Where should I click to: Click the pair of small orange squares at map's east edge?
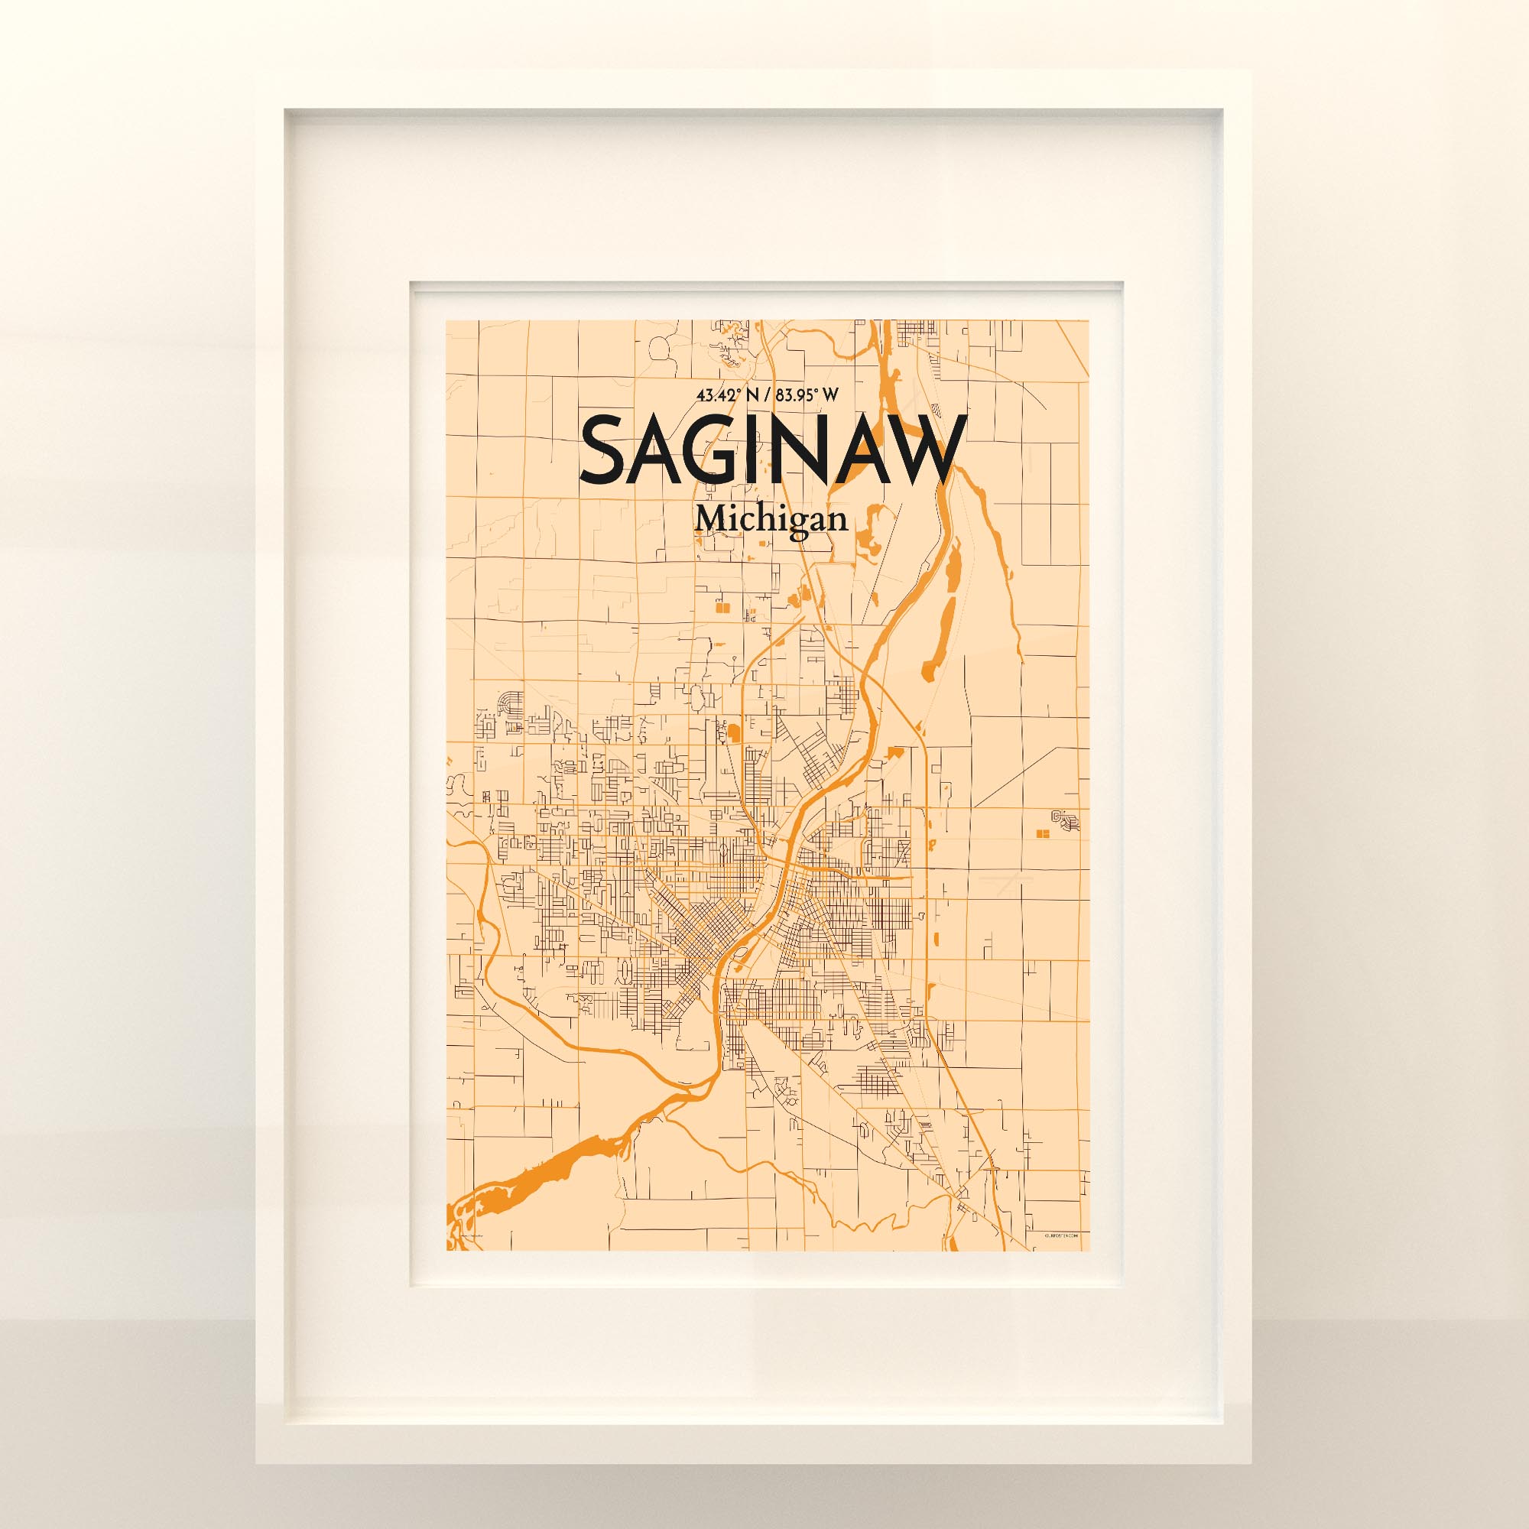pos(1042,833)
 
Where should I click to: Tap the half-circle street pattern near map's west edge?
pos(511,701)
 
